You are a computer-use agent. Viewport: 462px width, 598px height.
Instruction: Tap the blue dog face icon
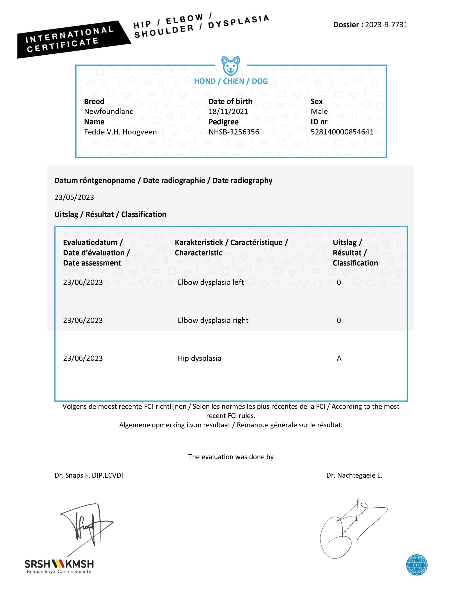pyautogui.click(x=231, y=66)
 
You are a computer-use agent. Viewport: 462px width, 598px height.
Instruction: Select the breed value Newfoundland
pyautogui.click(x=109, y=111)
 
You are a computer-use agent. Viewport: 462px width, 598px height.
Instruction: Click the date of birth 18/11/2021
pyautogui.click(x=228, y=111)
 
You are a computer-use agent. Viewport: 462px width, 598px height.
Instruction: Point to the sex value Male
pyautogui.click(x=319, y=111)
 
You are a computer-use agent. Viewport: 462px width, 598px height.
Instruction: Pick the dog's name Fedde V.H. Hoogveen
pyautogui.click(x=120, y=132)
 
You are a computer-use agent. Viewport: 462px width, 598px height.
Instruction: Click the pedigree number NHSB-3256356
pyautogui.click(x=234, y=132)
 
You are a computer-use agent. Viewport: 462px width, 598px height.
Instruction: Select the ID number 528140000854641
pyautogui.click(x=342, y=132)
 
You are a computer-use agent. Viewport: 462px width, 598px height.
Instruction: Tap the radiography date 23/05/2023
pyautogui.click(x=74, y=197)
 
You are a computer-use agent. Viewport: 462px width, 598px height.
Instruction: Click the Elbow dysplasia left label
pyautogui.click(x=211, y=282)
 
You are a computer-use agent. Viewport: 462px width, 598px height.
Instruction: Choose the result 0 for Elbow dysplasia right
pyautogui.click(x=339, y=320)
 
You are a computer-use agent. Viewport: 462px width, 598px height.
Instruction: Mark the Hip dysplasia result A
pyautogui.click(x=339, y=358)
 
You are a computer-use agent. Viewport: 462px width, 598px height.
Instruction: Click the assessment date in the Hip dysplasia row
pyautogui.click(x=83, y=358)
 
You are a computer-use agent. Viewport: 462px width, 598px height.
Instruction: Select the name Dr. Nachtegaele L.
pyautogui.click(x=354, y=475)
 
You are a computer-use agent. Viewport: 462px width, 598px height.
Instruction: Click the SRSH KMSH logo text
pyautogui.click(x=59, y=564)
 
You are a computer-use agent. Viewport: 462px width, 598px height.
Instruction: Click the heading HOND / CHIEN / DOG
pyautogui.click(x=231, y=81)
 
